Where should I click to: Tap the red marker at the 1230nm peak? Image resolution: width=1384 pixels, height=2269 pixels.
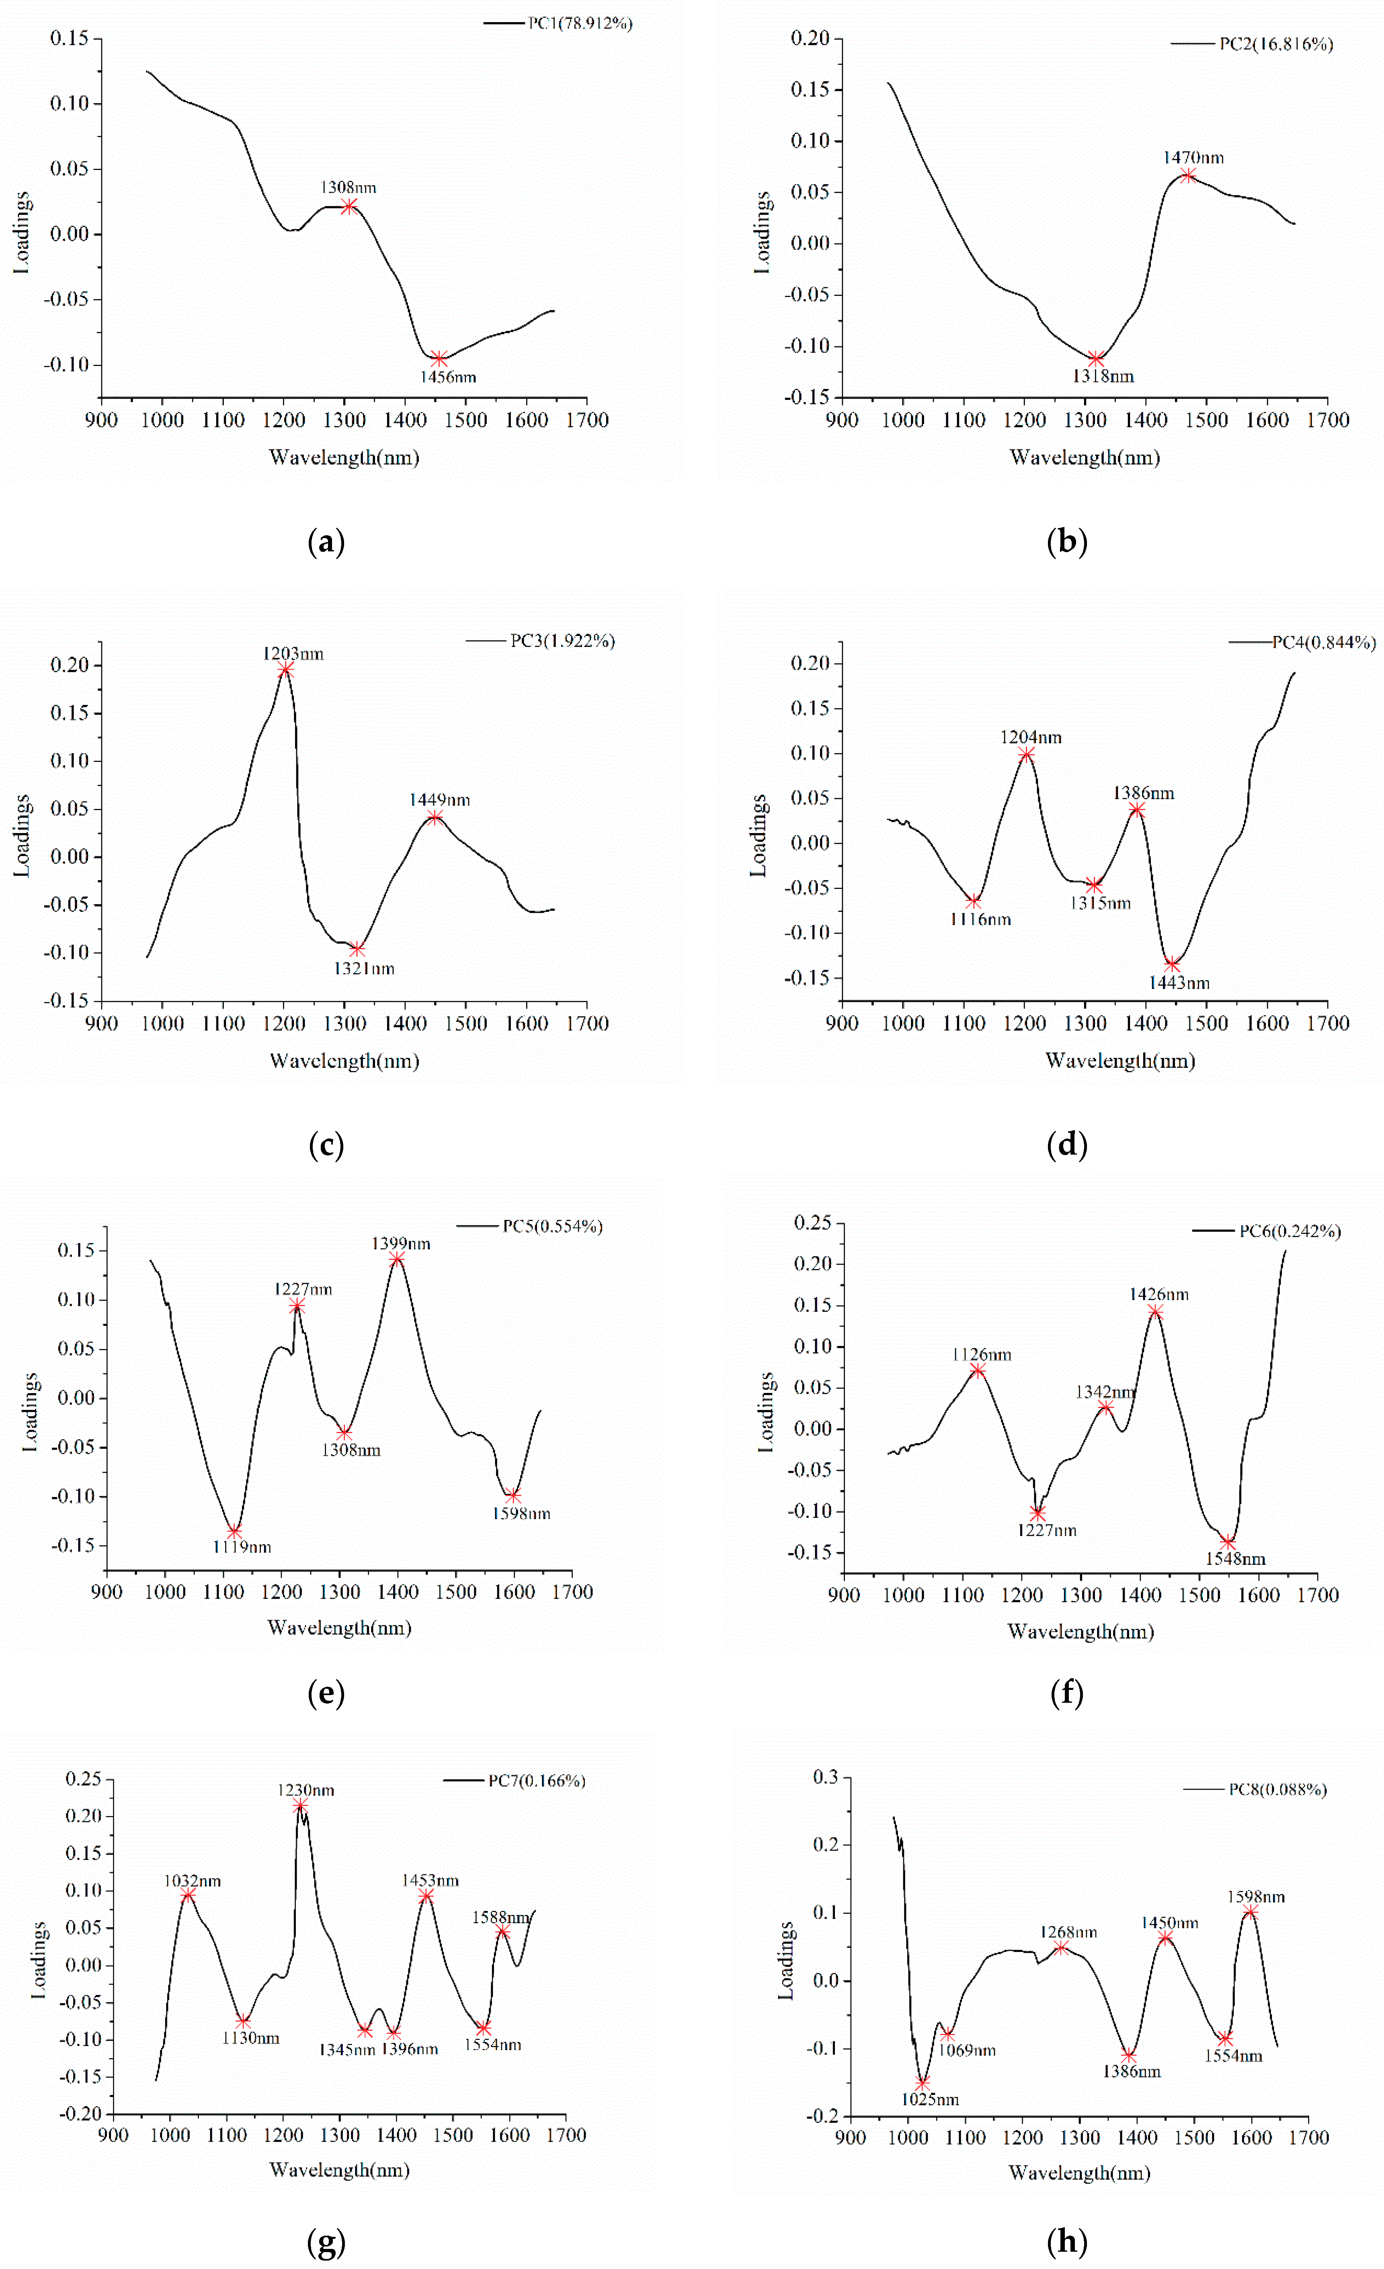[300, 1806]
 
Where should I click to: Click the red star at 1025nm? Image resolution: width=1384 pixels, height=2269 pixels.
[923, 2083]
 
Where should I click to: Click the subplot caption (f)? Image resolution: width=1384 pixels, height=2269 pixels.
[1066, 1693]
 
